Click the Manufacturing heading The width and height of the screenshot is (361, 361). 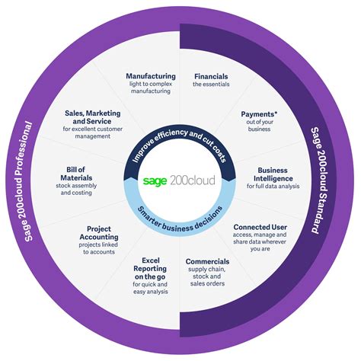[x=151, y=76]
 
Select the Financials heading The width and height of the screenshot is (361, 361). [x=211, y=77]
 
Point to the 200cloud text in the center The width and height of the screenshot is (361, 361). [x=194, y=181]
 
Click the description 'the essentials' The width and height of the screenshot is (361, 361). [x=211, y=85]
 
